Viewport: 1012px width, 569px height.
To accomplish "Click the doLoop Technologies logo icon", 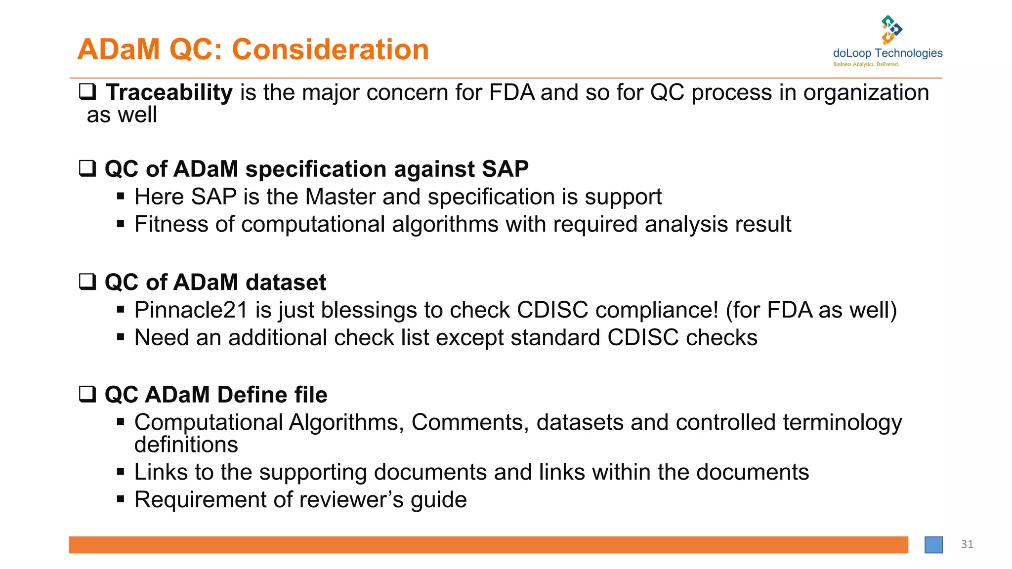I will click(891, 30).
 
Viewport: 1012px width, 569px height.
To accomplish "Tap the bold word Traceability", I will click(169, 92).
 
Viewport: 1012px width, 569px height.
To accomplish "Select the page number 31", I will click(967, 544).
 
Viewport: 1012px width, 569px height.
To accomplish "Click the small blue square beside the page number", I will click(933, 545).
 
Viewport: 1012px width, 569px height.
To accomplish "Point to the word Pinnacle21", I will click(191, 310).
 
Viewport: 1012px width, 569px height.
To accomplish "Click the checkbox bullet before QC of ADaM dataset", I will click(87, 282).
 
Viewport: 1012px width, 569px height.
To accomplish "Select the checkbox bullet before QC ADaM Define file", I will click(87, 394).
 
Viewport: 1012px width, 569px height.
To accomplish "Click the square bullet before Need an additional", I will click(121, 337).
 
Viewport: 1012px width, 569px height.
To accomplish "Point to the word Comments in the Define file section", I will click(469, 422).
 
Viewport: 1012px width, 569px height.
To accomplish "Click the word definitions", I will click(186, 445).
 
